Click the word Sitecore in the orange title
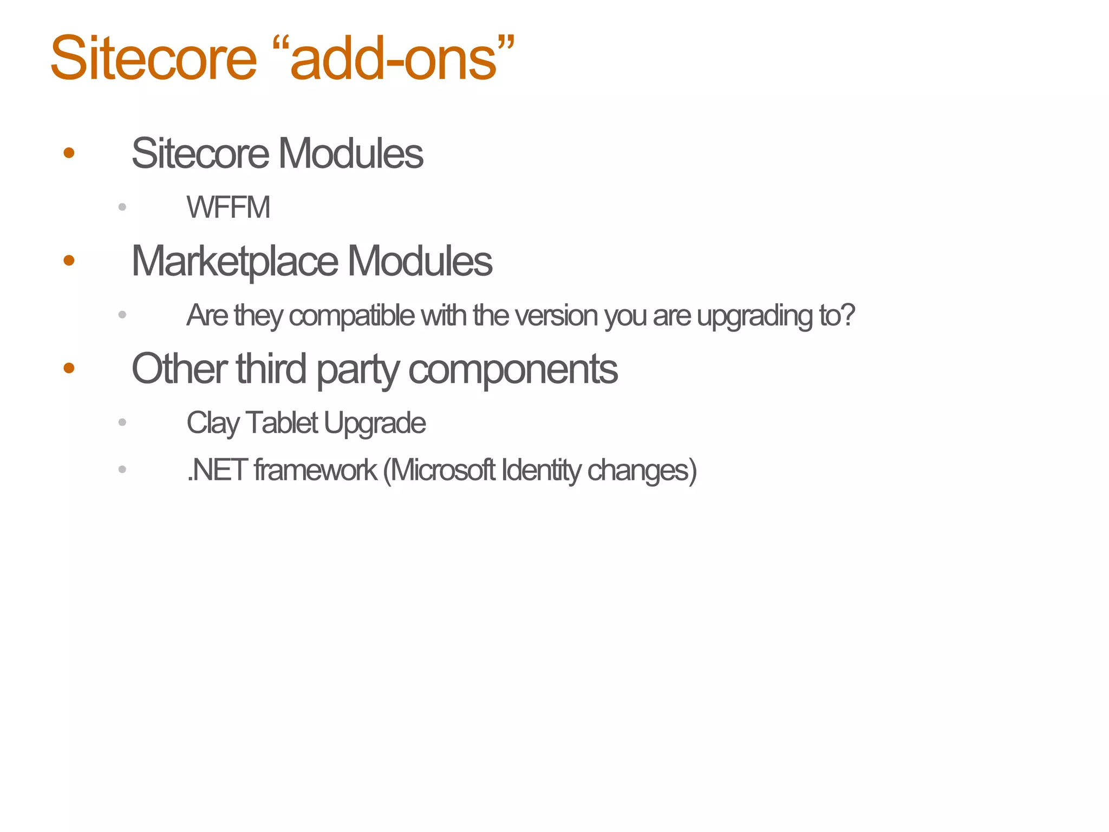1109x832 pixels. pos(153,58)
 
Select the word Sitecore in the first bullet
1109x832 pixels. pos(200,153)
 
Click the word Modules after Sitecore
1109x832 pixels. pos(350,153)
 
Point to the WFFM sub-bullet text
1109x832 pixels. pos(228,207)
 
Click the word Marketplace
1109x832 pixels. pos(235,262)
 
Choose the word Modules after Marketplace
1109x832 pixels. pos(420,261)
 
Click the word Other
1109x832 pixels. pos(179,368)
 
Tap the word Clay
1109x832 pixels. pos(213,423)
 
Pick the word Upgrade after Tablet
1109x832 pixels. pos(375,424)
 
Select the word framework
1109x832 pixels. pos(315,470)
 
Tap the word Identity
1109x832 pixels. pos(541,470)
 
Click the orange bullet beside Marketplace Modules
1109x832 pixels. pos(69,261)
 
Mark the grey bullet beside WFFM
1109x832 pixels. pos(122,207)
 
